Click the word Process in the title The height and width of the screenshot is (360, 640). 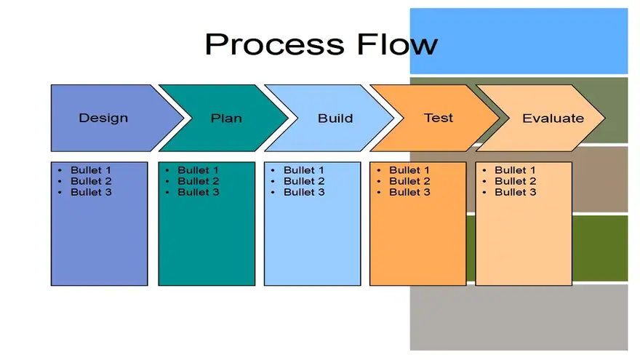275,45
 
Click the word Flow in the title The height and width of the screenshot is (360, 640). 397,44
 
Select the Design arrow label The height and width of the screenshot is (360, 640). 103,118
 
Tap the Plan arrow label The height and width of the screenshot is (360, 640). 226,118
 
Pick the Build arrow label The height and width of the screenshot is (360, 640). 335,118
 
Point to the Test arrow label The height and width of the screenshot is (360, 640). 439,118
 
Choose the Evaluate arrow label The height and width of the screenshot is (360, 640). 553,118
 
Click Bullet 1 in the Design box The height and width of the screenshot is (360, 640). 91,169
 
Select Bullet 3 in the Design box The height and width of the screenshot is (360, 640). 91,192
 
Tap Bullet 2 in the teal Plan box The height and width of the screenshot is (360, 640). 199,181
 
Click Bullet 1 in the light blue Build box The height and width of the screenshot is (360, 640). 304,169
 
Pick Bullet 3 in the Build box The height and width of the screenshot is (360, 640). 304,192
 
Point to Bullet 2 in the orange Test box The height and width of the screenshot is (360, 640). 409,181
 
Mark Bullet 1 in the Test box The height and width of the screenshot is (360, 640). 409,169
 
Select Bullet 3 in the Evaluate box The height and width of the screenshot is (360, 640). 516,192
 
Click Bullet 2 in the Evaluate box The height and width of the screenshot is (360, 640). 516,181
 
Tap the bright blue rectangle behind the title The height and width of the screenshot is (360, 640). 519,41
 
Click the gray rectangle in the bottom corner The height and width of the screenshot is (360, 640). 519,318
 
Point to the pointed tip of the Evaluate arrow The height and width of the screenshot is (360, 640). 605,118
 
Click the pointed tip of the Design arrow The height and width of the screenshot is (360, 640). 184,118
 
